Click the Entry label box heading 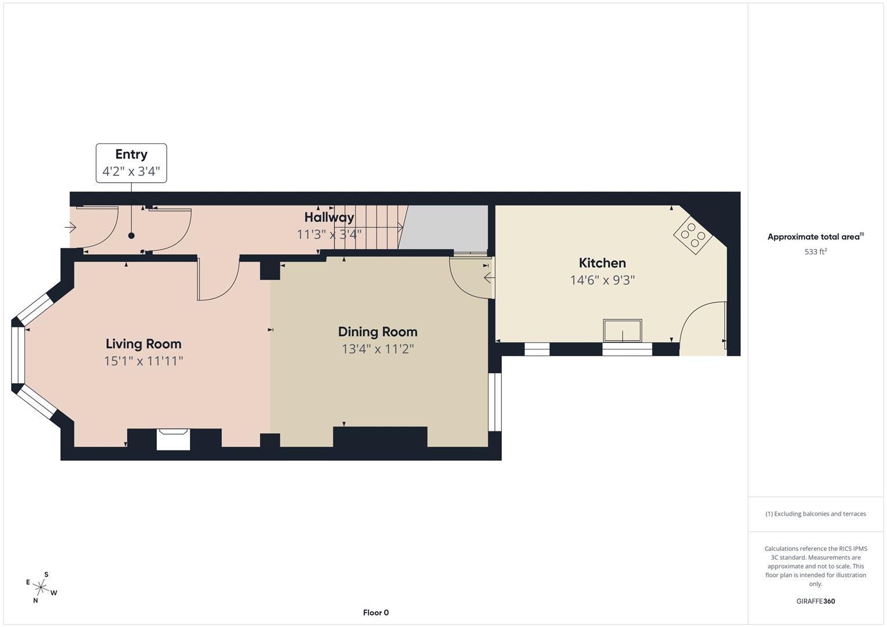coord(131,154)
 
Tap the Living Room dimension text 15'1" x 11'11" coord(143,361)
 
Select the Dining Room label coord(378,331)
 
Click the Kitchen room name coord(602,263)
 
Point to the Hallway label coord(329,217)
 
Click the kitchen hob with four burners coord(693,235)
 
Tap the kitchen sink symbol coord(622,331)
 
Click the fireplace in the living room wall coord(174,439)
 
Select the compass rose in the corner coord(41,588)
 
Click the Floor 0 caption coord(376,612)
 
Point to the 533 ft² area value coord(816,252)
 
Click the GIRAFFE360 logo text coord(816,601)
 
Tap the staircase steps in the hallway coord(368,226)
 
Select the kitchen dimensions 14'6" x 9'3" coord(602,280)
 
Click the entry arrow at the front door coord(70,228)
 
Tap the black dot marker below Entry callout coord(131,236)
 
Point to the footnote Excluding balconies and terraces coord(816,514)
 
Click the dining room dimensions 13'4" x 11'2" coord(378,349)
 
